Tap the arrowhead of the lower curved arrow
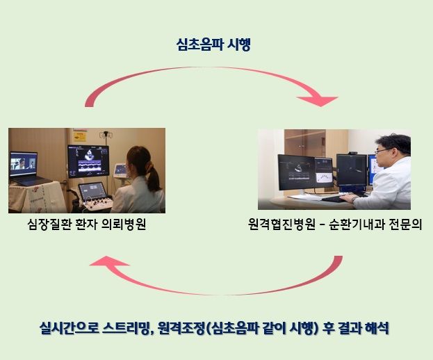point(106,263)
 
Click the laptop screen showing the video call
point(23,165)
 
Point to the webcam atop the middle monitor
point(353,152)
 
